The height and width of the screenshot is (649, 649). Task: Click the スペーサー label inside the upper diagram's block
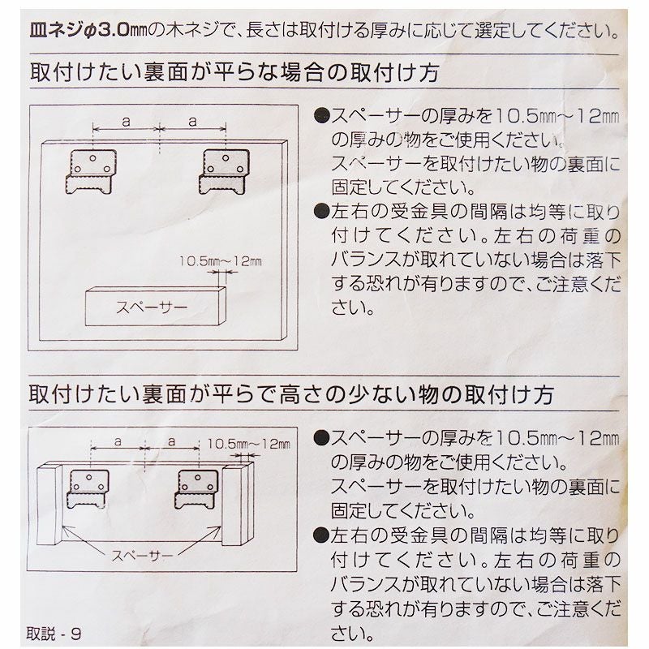tap(152, 308)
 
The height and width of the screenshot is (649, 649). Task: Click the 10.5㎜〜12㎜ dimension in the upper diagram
tap(220, 262)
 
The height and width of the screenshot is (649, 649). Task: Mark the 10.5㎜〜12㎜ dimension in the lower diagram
tap(248, 444)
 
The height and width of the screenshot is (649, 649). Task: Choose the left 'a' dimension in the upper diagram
tap(126, 120)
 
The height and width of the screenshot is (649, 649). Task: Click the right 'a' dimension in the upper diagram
tap(192, 120)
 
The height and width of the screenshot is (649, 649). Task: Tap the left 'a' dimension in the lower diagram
tap(118, 443)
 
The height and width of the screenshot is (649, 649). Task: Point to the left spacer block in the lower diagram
tap(50, 507)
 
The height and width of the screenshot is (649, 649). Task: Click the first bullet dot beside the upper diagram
tap(321, 115)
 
